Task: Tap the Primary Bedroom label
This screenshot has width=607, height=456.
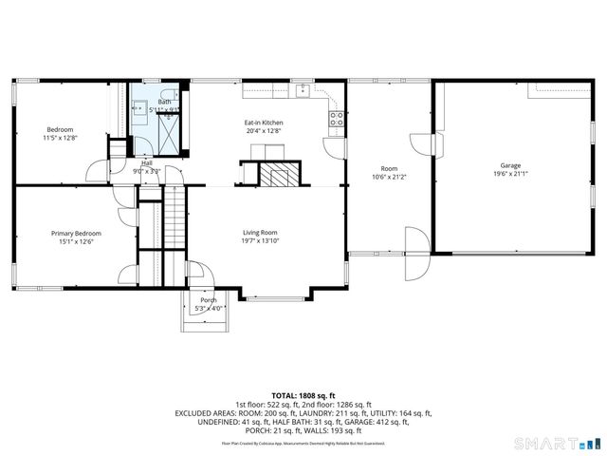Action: pyautogui.click(x=76, y=233)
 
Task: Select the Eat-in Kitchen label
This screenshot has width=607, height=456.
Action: pyautogui.click(x=264, y=123)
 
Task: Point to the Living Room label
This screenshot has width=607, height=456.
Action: pyautogui.click(x=260, y=232)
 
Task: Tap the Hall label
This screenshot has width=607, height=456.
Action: pyautogui.click(x=147, y=162)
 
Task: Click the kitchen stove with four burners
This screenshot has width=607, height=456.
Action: pyautogui.click(x=335, y=118)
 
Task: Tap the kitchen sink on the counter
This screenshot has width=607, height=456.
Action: pyautogui.click(x=303, y=91)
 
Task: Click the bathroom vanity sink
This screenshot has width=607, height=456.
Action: pyautogui.click(x=138, y=105)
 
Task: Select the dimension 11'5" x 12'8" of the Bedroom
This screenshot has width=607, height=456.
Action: pyautogui.click(x=61, y=139)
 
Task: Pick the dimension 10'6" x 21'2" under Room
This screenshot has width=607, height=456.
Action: pyautogui.click(x=388, y=177)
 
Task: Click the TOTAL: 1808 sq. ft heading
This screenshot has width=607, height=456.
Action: pyautogui.click(x=303, y=394)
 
